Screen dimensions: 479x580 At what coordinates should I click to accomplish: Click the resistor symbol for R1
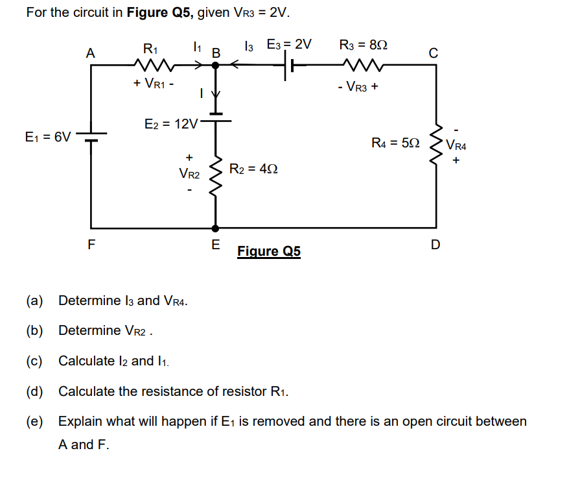tap(154, 65)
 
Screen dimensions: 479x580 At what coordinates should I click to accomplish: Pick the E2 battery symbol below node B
tap(216, 117)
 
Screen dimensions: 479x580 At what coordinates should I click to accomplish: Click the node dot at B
tap(216, 65)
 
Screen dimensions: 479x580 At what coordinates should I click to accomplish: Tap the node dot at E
tap(216, 228)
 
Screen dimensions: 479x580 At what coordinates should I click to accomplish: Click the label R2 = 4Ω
tap(254, 169)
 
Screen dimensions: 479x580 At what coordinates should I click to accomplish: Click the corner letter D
tap(435, 245)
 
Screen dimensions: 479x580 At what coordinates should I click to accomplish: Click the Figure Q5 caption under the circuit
tap(269, 251)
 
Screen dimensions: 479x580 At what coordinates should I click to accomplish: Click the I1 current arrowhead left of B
tap(200, 65)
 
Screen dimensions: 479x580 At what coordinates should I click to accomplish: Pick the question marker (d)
tap(34, 391)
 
